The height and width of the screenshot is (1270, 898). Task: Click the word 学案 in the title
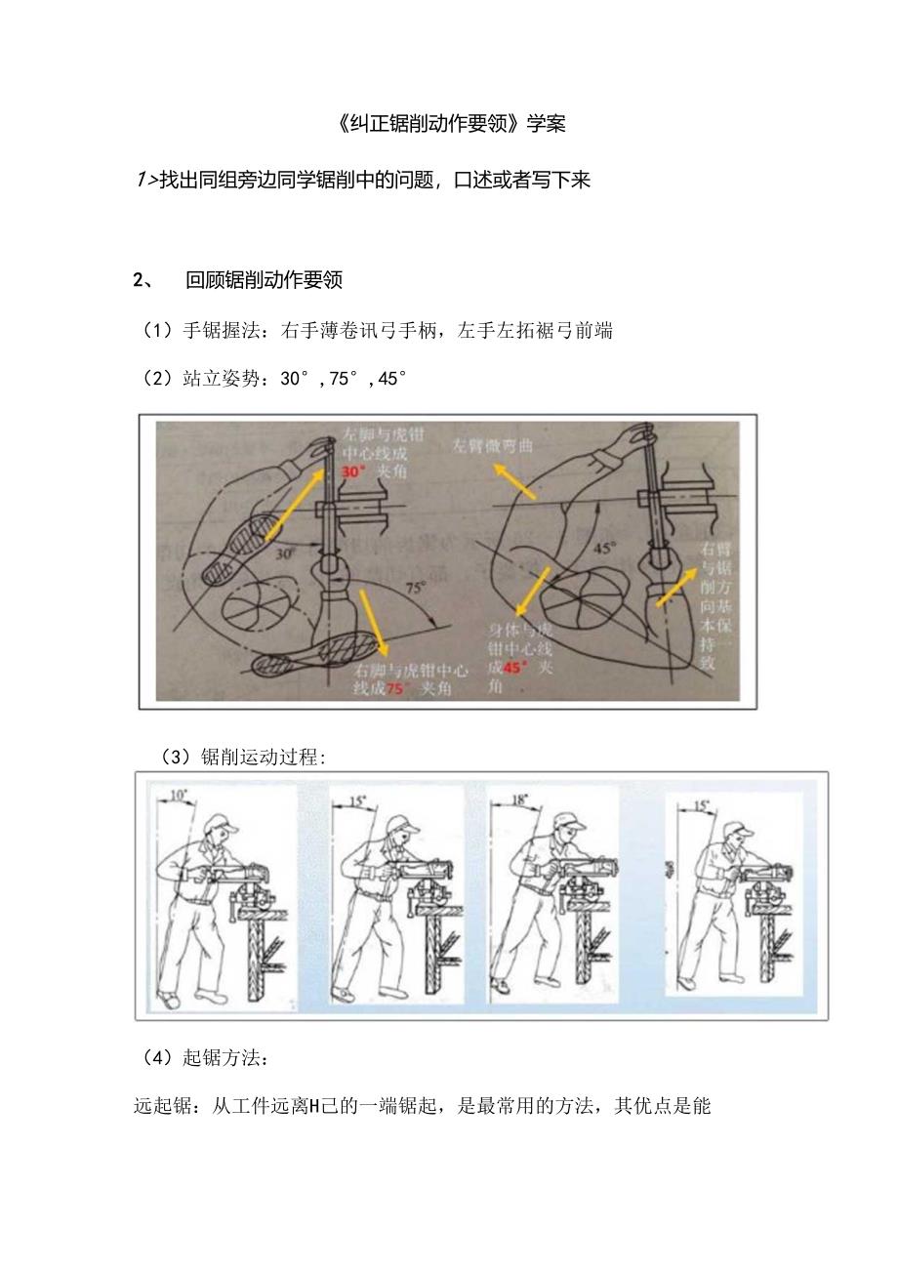(546, 124)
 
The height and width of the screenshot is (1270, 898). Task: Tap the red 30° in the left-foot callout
(351, 471)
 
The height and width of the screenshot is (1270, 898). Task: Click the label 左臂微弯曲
(491, 445)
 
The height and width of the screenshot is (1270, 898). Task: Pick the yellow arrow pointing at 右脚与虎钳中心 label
(372, 625)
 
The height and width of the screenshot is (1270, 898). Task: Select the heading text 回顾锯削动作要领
(264, 281)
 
